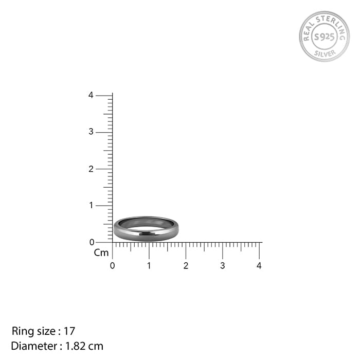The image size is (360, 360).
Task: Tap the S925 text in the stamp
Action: point(325,37)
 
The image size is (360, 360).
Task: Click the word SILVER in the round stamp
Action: point(325,53)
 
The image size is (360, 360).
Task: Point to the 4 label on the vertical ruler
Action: point(91,95)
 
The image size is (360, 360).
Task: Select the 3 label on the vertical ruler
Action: point(91,132)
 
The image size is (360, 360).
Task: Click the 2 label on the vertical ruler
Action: point(91,169)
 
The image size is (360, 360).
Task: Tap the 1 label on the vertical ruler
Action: point(91,205)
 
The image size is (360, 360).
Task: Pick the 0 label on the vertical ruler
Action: point(92,242)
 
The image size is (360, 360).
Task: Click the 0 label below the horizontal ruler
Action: point(113,266)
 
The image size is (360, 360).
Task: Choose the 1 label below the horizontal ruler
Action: point(149,266)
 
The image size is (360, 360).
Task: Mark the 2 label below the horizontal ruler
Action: point(186,266)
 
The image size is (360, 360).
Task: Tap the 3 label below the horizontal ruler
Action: point(223,266)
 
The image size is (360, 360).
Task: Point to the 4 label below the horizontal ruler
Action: point(259,266)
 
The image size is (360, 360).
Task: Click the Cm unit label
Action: point(101,253)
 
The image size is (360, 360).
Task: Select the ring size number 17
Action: point(70,331)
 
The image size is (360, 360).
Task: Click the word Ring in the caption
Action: point(22,331)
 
